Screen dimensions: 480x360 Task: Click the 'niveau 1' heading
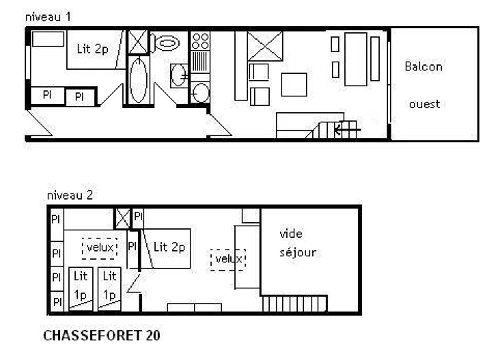pyautogui.click(x=48, y=17)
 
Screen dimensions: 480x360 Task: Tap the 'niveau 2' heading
pyautogui.click(x=70, y=195)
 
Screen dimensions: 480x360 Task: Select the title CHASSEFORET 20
pyautogui.click(x=102, y=336)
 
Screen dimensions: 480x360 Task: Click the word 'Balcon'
pyautogui.click(x=423, y=66)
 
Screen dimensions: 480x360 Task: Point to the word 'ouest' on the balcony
pyautogui.click(x=424, y=104)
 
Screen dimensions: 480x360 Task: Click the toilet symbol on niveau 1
pyautogui.click(x=165, y=43)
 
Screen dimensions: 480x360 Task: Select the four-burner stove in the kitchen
pyautogui.click(x=200, y=41)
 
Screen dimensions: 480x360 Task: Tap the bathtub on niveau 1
pyautogui.click(x=138, y=80)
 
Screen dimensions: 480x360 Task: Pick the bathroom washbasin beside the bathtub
pyautogui.click(x=179, y=76)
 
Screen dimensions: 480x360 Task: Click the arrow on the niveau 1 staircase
pyautogui.click(x=347, y=130)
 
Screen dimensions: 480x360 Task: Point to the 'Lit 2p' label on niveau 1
pyautogui.click(x=92, y=49)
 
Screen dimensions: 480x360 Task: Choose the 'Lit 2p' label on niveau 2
pyautogui.click(x=169, y=248)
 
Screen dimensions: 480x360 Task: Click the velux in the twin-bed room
pyautogui.click(x=100, y=248)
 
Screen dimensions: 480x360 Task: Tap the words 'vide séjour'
pyautogui.click(x=298, y=243)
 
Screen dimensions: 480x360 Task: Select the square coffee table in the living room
pyautogui.click(x=294, y=85)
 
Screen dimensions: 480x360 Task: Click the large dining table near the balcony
pyautogui.click(x=356, y=59)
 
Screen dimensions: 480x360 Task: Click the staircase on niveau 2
pyautogui.click(x=294, y=304)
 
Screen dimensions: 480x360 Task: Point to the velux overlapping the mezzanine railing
pyautogui.click(x=228, y=260)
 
